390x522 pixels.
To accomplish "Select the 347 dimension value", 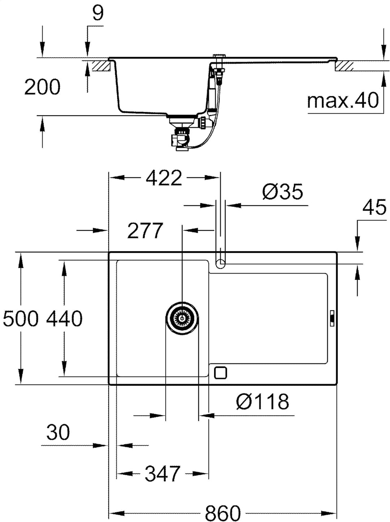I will click(x=162, y=474).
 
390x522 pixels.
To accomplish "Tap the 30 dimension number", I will click(x=58, y=432).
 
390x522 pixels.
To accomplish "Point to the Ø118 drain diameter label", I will click(x=263, y=401).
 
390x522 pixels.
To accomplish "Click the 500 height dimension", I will click(x=21, y=319).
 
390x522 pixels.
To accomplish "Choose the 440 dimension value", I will click(x=64, y=319).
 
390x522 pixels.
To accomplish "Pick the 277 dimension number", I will click(x=145, y=231).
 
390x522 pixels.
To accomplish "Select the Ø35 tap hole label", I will click(x=282, y=192).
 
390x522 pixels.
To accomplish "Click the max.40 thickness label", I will click(x=343, y=100).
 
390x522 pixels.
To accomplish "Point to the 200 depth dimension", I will click(x=42, y=87).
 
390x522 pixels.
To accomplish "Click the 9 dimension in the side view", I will click(x=97, y=13).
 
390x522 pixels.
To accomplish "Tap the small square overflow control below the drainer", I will click(x=220, y=373).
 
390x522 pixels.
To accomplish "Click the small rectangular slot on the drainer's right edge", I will click(x=332, y=318).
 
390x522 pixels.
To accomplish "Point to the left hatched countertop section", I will click(x=100, y=66).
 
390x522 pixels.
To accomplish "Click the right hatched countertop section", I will click(x=344, y=66).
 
